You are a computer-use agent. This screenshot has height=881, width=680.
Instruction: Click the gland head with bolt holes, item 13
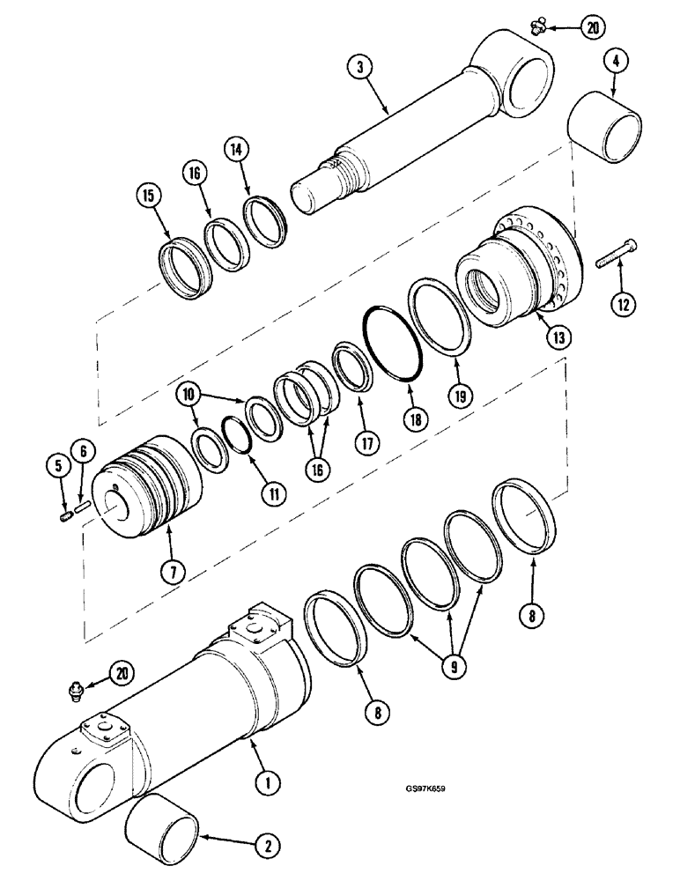pos(520,264)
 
